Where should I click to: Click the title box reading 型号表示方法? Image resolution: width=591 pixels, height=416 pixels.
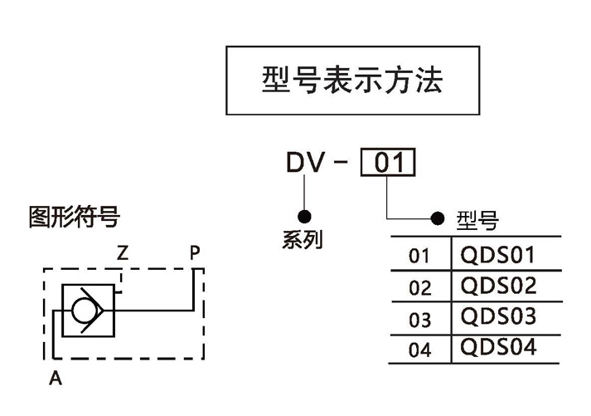(x=352, y=80)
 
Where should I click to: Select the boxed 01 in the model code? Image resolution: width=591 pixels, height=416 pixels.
(x=388, y=163)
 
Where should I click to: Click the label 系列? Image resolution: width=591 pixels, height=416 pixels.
(x=303, y=241)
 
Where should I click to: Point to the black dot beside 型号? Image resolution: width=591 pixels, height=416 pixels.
(x=438, y=219)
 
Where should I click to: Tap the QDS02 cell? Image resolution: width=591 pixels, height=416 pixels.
(x=498, y=286)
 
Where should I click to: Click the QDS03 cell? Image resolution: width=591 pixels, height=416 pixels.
(x=498, y=317)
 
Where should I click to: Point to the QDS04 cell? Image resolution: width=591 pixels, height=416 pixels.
(x=498, y=346)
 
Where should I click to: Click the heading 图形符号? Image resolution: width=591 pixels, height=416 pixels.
(x=74, y=218)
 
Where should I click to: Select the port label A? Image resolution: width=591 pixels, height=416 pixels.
(x=56, y=379)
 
